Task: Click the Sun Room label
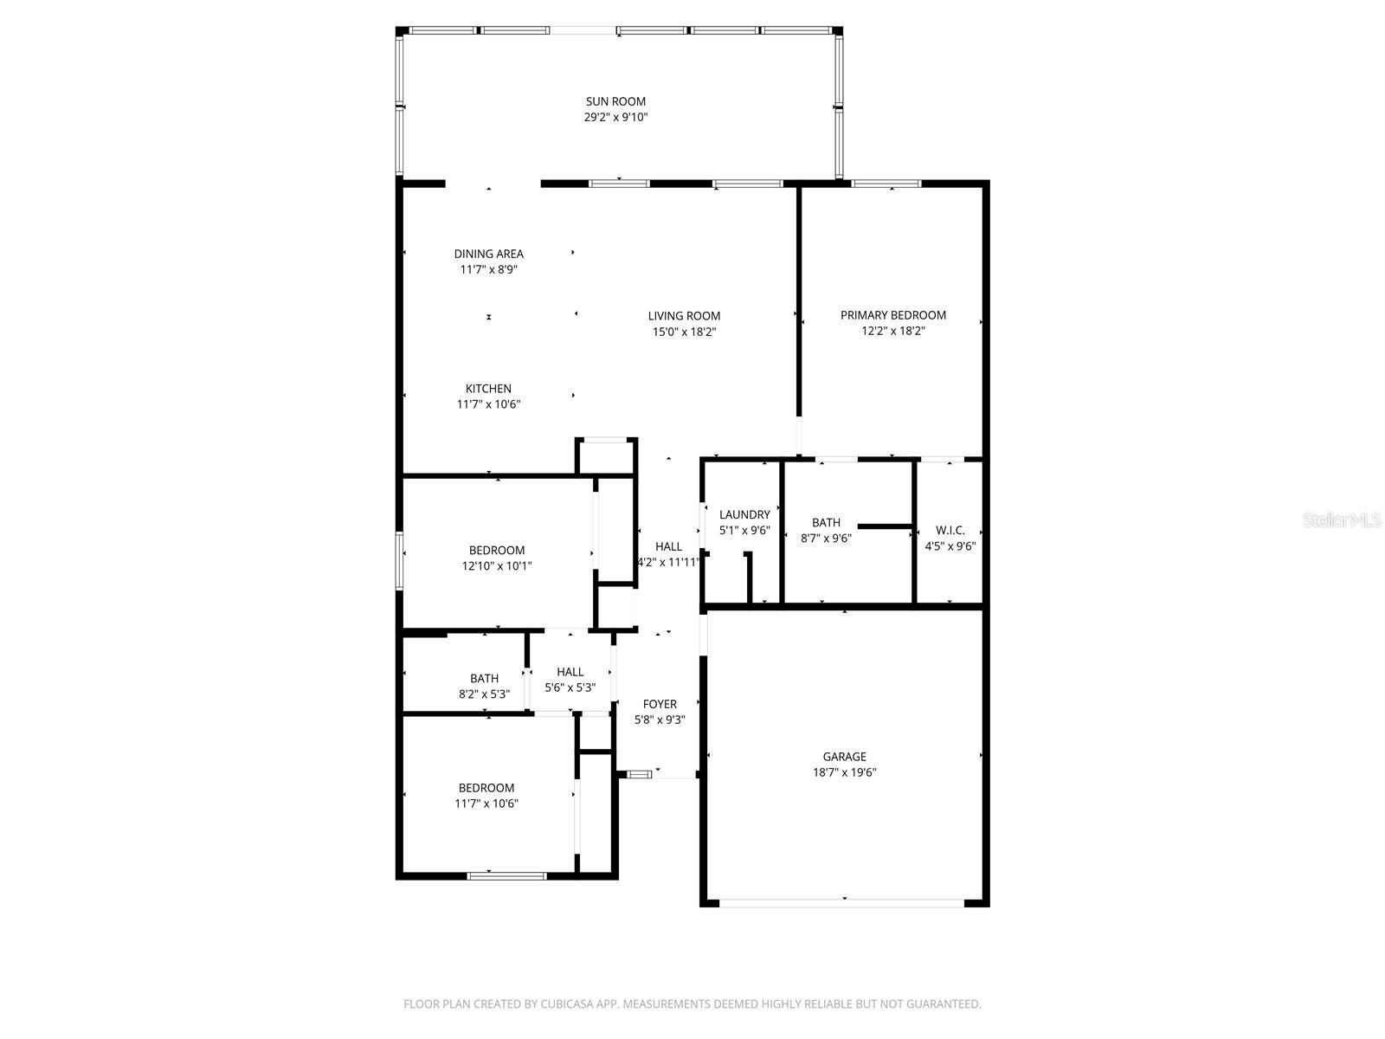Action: [615, 101]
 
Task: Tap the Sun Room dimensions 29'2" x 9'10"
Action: [615, 118]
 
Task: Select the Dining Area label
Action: [488, 255]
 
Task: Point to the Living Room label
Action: [684, 316]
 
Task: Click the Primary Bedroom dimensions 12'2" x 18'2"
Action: [892, 332]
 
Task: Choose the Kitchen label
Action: [488, 390]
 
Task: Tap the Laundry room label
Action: [744, 515]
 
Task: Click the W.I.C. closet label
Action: [950, 531]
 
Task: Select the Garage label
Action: [844, 757]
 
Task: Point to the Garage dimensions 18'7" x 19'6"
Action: [844, 772]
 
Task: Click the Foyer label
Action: [660, 704]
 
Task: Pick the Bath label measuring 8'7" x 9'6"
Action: [826, 523]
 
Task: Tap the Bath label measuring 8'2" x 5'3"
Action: [484, 679]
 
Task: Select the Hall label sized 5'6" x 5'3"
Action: [570, 673]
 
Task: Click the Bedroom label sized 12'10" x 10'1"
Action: [497, 551]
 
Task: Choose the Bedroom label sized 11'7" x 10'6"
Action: [486, 788]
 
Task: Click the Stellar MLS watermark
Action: [1342, 520]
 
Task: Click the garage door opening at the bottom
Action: [841, 903]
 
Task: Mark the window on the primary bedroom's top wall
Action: [886, 184]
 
